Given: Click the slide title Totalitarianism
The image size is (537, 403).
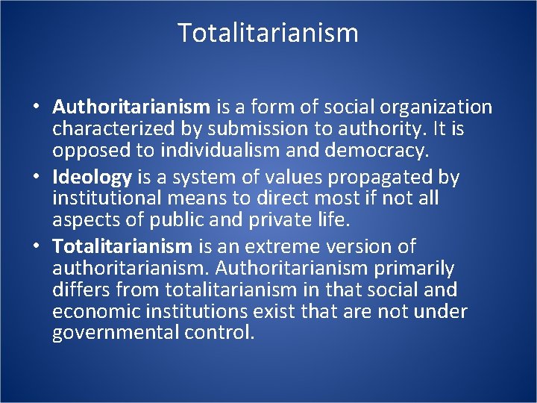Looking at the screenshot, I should [268, 33].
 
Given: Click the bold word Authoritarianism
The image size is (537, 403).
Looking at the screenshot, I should [132, 107].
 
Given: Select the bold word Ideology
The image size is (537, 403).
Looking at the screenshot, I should [92, 177].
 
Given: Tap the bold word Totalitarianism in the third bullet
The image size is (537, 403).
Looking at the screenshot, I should [123, 246].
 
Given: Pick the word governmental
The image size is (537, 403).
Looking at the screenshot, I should [114, 333].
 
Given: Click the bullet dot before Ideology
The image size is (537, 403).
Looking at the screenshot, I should [37, 178].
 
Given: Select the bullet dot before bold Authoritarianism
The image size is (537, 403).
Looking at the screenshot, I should [37, 108].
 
